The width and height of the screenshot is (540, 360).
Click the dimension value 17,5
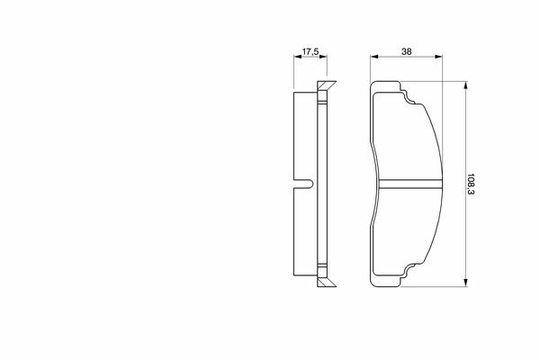tap(310, 51)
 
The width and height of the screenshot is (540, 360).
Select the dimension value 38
tap(407, 51)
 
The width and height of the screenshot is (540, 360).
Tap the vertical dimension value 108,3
tap(471, 184)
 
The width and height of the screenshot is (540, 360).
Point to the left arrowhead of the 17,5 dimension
tap(297, 57)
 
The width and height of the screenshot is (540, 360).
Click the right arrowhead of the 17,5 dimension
tap(323, 57)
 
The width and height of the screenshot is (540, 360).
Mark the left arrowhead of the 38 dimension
tap(374, 57)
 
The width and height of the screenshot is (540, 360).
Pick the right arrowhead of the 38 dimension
tap(438, 57)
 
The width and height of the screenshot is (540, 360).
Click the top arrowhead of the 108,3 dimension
tap(465, 85)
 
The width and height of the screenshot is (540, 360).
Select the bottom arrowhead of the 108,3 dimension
tap(465, 283)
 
